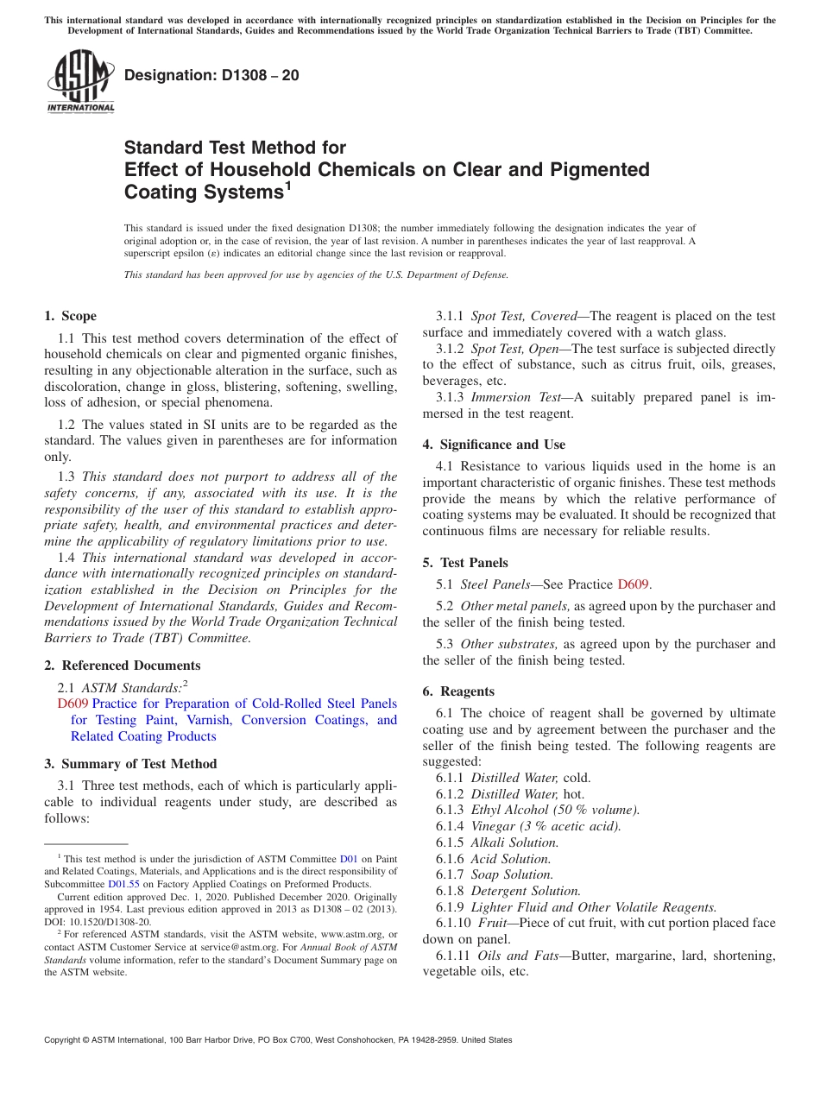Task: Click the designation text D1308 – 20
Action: [x=211, y=75]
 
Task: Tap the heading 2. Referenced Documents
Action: [x=122, y=666]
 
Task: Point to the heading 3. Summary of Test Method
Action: [x=130, y=764]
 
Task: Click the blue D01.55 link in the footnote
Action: [x=123, y=884]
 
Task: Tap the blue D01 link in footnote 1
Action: [x=349, y=859]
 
